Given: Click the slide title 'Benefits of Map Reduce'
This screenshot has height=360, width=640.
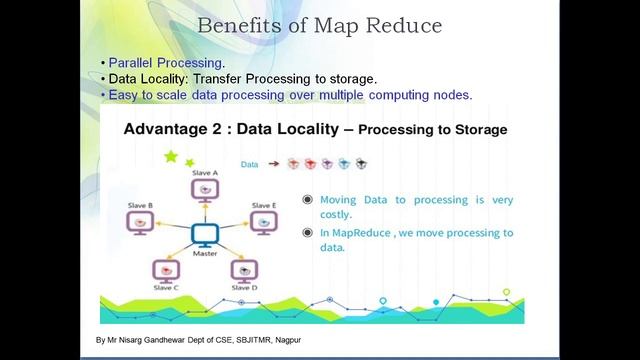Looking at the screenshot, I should point(319,25).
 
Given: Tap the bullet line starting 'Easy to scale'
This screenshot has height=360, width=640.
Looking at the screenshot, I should point(289,94).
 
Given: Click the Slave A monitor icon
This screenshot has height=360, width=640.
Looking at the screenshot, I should point(204,188).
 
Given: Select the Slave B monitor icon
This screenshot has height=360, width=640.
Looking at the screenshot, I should point(140,221).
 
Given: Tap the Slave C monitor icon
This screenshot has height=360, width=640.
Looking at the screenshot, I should point(165,269).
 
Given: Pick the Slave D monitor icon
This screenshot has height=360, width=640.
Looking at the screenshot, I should point(244,269).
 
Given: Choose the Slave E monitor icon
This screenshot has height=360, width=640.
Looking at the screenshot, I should point(263,221).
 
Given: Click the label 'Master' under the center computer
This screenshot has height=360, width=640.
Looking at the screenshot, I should point(205,254).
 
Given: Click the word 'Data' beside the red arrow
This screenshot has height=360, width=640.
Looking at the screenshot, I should point(251,163).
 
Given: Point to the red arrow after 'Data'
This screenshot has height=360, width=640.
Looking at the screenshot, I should point(273,163).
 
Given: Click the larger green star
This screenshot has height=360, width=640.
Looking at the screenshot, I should point(170,156).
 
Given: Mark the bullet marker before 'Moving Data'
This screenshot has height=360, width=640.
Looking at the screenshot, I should point(308,200).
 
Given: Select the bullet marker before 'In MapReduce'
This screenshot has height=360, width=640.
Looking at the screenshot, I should point(308,233).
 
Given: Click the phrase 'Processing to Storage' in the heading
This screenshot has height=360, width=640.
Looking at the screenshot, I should point(432,130).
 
